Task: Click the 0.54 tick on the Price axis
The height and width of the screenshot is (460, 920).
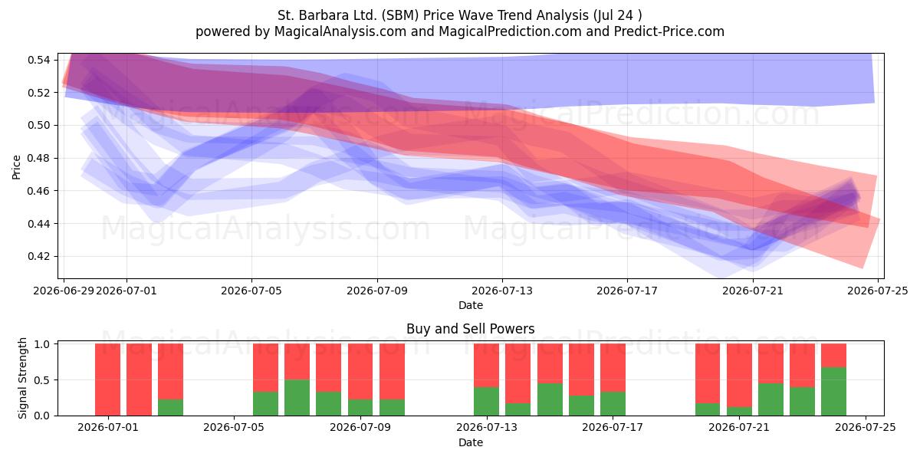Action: coord(38,60)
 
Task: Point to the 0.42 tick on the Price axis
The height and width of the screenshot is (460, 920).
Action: coord(38,256)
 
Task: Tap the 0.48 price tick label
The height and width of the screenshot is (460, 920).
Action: coord(38,158)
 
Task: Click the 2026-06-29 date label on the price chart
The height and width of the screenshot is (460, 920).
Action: coord(64,291)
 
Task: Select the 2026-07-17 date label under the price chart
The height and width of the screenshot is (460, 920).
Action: coord(627,291)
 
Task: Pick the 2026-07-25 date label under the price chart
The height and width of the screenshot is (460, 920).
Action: coord(878,291)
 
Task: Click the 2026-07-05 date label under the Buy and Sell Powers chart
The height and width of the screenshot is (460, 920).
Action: coord(234,427)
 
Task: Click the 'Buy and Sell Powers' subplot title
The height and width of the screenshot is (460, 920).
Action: coord(470,329)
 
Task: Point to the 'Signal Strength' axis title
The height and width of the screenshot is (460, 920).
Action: coord(22,378)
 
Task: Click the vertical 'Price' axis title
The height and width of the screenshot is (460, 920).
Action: coord(16,167)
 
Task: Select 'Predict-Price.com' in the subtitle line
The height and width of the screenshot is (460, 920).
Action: coord(669,31)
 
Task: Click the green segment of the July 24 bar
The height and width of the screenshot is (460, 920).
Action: coord(834,392)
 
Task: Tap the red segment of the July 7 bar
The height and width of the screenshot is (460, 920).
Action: coord(297,361)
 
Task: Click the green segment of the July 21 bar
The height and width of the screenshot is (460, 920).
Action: coord(739,411)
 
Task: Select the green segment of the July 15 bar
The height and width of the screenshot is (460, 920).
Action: coord(550,399)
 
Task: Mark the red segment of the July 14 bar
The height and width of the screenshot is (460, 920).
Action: coord(518,373)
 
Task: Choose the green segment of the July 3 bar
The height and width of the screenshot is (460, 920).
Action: coord(170,407)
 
